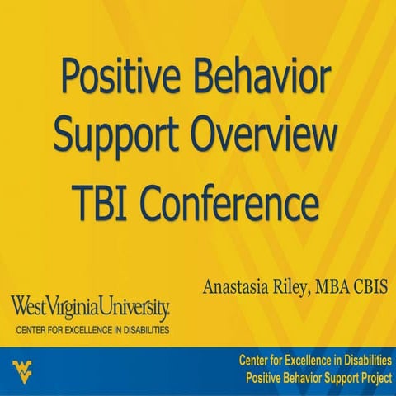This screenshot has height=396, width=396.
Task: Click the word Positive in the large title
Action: (x=120, y=81)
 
